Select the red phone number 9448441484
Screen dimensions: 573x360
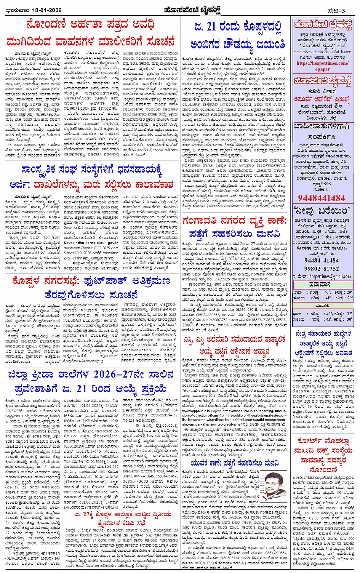(x=322, y=197)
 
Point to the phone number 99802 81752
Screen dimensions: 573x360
(x=322, y=268)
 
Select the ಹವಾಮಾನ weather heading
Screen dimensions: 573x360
(x=322, y=284)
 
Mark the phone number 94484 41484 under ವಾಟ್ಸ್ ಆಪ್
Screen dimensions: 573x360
(x=322, y=260)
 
